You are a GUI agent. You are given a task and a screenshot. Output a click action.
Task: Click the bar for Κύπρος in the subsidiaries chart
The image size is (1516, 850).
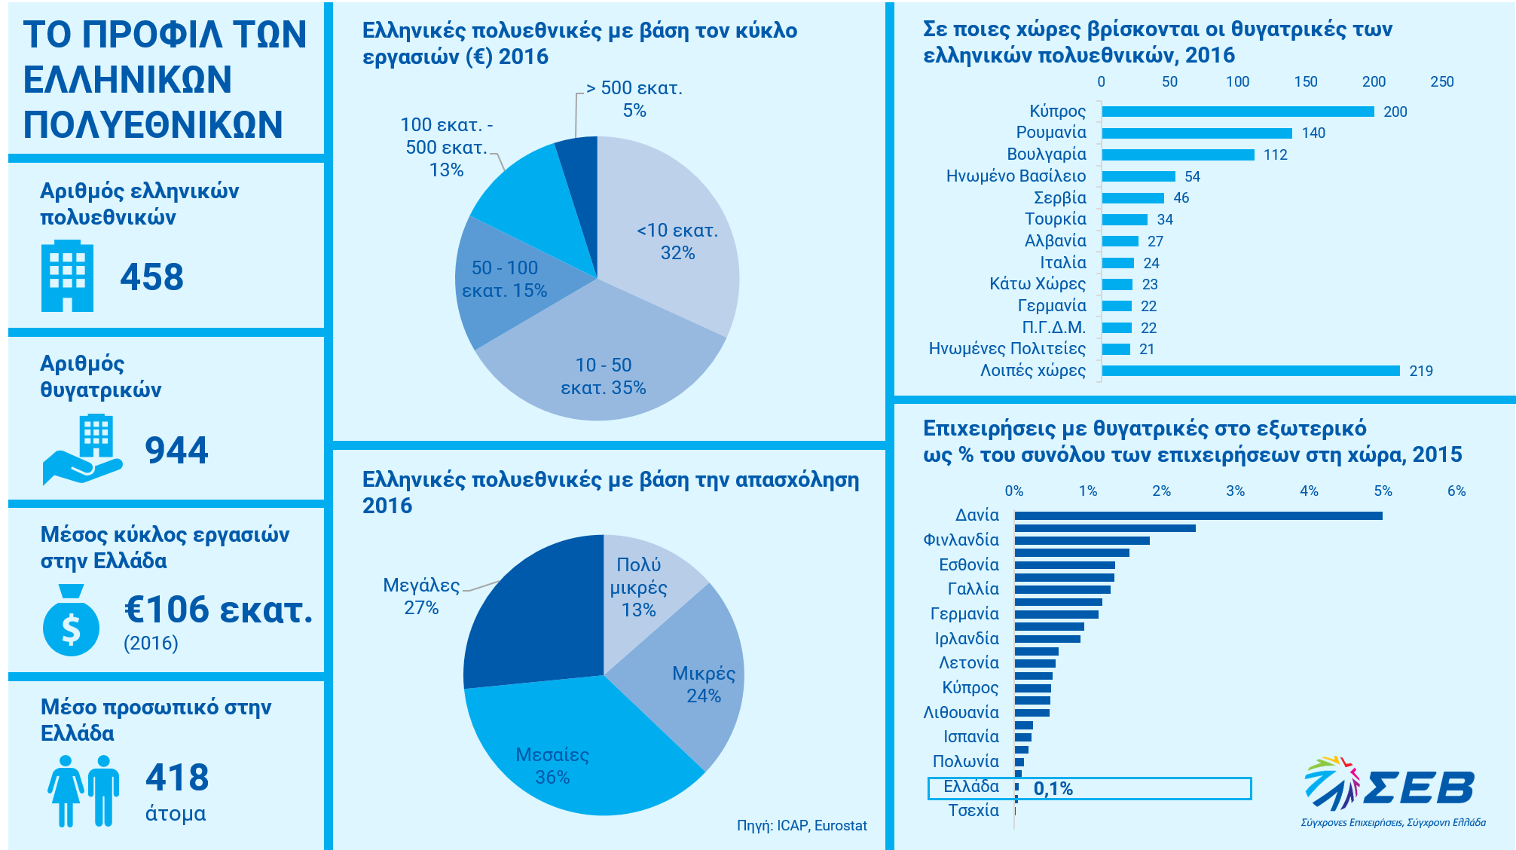point(1237,112)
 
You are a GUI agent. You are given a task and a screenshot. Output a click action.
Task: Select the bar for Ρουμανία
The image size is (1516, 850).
point(1197,133)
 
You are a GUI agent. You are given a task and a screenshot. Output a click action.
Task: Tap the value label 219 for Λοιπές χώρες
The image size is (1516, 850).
point(1420,371)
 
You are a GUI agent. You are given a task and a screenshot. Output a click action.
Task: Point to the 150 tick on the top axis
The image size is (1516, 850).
point(1305,82)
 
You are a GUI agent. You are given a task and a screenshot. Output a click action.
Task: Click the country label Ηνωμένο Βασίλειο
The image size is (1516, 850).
point(1016,176)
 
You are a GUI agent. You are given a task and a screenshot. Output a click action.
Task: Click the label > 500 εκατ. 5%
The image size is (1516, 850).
point(634,99)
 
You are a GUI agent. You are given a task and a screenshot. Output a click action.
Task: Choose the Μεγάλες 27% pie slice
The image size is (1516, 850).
point(527,618)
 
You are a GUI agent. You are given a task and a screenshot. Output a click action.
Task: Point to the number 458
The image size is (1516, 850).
point(151,277)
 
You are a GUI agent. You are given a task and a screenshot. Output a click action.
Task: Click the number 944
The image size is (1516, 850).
point(176,450)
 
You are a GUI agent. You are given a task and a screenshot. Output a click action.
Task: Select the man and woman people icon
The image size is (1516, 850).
point(84,790)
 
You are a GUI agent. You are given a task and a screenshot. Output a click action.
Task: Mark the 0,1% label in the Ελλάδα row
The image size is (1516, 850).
point(1053,789)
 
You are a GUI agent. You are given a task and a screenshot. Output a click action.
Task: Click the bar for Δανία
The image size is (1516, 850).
point(1198,516)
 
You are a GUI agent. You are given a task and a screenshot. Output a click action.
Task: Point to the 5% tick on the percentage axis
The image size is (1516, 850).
point(1383,491)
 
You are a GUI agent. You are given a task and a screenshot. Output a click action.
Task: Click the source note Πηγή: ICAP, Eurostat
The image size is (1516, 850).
point(802,826)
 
